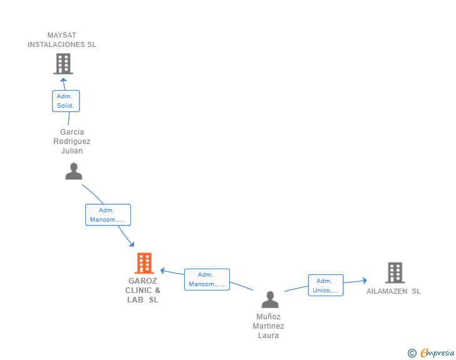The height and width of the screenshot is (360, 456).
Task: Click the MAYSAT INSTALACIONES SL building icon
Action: (63, 63)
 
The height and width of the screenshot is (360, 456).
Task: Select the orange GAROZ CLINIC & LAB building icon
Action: (144, 263)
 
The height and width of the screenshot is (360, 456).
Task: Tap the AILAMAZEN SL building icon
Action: (395, 272)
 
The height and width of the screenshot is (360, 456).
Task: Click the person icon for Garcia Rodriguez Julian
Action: (74, 171)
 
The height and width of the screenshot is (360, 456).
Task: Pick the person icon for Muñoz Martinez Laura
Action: (270, 299)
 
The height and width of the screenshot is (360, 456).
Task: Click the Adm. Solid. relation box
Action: (65, 101)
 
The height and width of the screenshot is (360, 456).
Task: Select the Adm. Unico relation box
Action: (326, 285)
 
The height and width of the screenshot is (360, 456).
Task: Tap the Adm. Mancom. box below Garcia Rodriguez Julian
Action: (108, 215)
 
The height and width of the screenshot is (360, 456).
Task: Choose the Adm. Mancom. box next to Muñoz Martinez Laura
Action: (207, 279)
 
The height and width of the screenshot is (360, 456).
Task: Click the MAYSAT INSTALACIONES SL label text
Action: (62, 40)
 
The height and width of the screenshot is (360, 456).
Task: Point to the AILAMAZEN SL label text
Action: (393, 291)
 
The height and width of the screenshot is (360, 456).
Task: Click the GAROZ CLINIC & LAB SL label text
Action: (143, 291)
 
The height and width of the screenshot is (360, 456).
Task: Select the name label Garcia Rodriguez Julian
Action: (72, 141)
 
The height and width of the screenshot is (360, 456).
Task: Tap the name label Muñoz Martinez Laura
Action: (268, 326)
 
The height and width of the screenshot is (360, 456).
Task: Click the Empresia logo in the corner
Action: (437, 353)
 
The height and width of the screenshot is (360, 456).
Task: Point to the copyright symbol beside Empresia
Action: (412, 353)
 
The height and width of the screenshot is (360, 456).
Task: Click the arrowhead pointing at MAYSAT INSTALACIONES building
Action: (63, 80)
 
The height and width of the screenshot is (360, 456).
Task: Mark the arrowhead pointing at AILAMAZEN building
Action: (364, 281)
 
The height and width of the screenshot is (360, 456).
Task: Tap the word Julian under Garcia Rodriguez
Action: (72, 151)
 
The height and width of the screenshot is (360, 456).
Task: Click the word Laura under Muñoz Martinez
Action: (268, 336)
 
